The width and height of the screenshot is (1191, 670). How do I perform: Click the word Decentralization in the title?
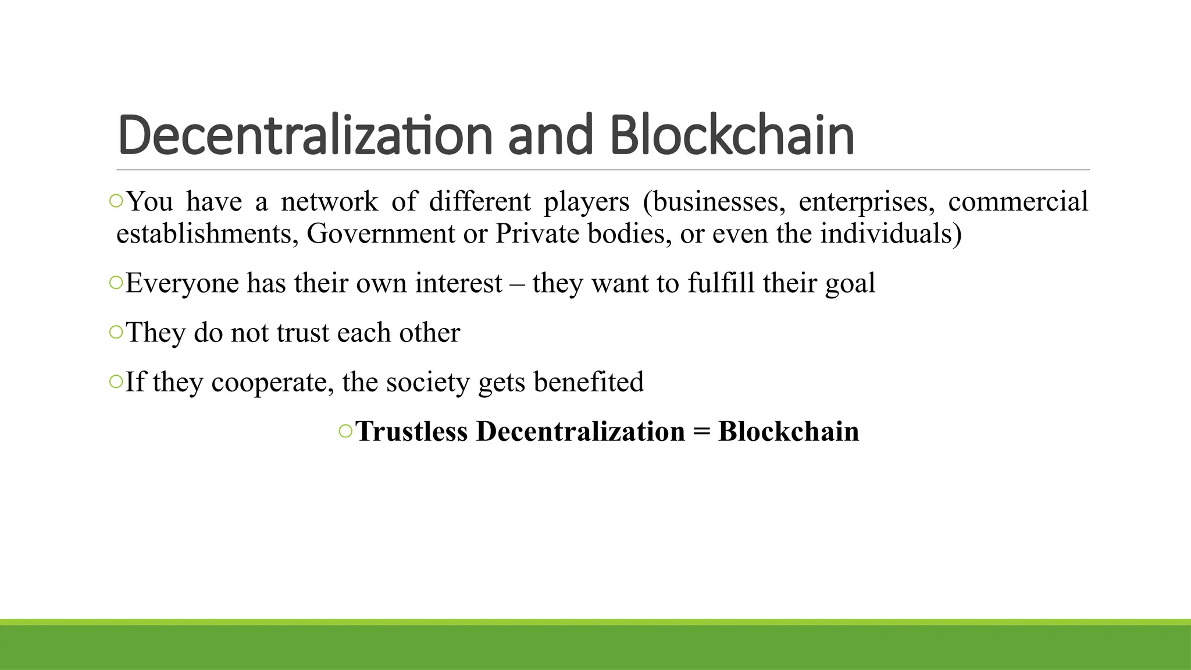(x=305, y=136)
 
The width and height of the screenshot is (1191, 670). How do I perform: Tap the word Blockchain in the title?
(x=732, y=136)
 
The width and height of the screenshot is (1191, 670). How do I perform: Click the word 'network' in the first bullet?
(x=329, y=202)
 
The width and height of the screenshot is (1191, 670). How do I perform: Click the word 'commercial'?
(x=1018, y=202)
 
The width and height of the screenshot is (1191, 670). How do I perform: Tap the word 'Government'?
(x=381, y=234)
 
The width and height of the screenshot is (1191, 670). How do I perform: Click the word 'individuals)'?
(x=891, y=234)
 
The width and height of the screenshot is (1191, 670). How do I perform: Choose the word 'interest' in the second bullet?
(x=458, y=283)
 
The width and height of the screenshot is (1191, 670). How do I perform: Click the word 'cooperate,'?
(x=272, y=383)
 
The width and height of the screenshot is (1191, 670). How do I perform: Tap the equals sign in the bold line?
(x=701, y=432)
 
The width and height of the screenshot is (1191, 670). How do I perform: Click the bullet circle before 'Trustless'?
(x=345, y=431)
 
